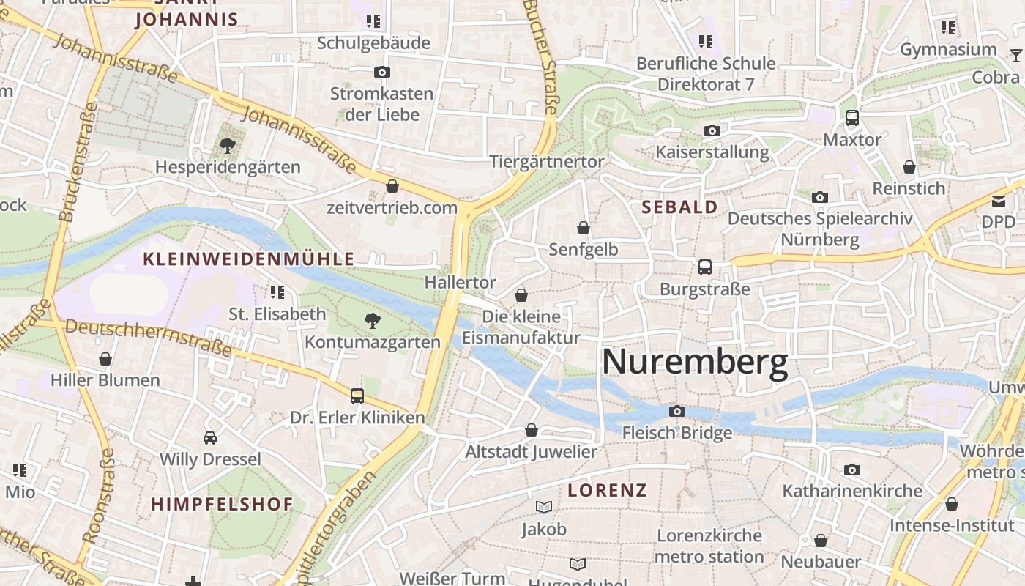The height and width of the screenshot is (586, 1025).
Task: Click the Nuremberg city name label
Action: pyautogui.click(x=694, y=362)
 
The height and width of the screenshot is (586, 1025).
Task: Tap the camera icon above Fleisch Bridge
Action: pyautogui.click(x=677, y=411)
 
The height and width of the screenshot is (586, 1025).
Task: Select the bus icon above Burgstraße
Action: pyautogui.click(x=704, y=267)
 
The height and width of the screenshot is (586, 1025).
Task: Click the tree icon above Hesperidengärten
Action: pyautogui.click(x=228, y=146)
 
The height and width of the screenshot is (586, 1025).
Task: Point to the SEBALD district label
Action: pyautogui.click(x=679, y=207)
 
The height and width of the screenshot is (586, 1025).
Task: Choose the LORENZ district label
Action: pyautogui.click(x=608, y=490)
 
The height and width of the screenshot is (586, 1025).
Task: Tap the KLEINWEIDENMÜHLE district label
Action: pyautogui.click(x=249, y=259)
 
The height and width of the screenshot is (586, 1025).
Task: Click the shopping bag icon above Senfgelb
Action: pyautogui.click(x=583, y=228)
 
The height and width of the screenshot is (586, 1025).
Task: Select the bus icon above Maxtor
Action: pyautogui.click(x=851, y=118)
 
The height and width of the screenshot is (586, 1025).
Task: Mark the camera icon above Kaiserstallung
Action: pyautogui.click(x=712, y=131)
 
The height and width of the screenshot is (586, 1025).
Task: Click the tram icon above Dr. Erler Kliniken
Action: pyautogui.click(x=357, y=396)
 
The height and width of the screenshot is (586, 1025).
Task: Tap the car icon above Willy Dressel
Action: pyautogui.click(x=210, y=438)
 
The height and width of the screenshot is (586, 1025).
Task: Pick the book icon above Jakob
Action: pyautogui.click(x=543, y=507)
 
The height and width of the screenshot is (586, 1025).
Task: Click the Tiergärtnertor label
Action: pyautogui.click(x=547, y=162)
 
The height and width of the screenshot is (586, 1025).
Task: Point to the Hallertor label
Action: pyautogui.click(x=461, y=282)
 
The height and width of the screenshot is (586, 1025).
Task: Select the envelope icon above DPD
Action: pyautogui.click(x=999, y=201)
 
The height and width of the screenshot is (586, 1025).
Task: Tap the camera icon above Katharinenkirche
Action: pyautogui.click(x=851, y=470)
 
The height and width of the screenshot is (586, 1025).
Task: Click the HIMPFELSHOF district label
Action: pyautogui.click(x=222, y=504)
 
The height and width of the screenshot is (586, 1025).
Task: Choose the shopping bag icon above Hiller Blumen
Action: pyautogui.click(x=105, y=359)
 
